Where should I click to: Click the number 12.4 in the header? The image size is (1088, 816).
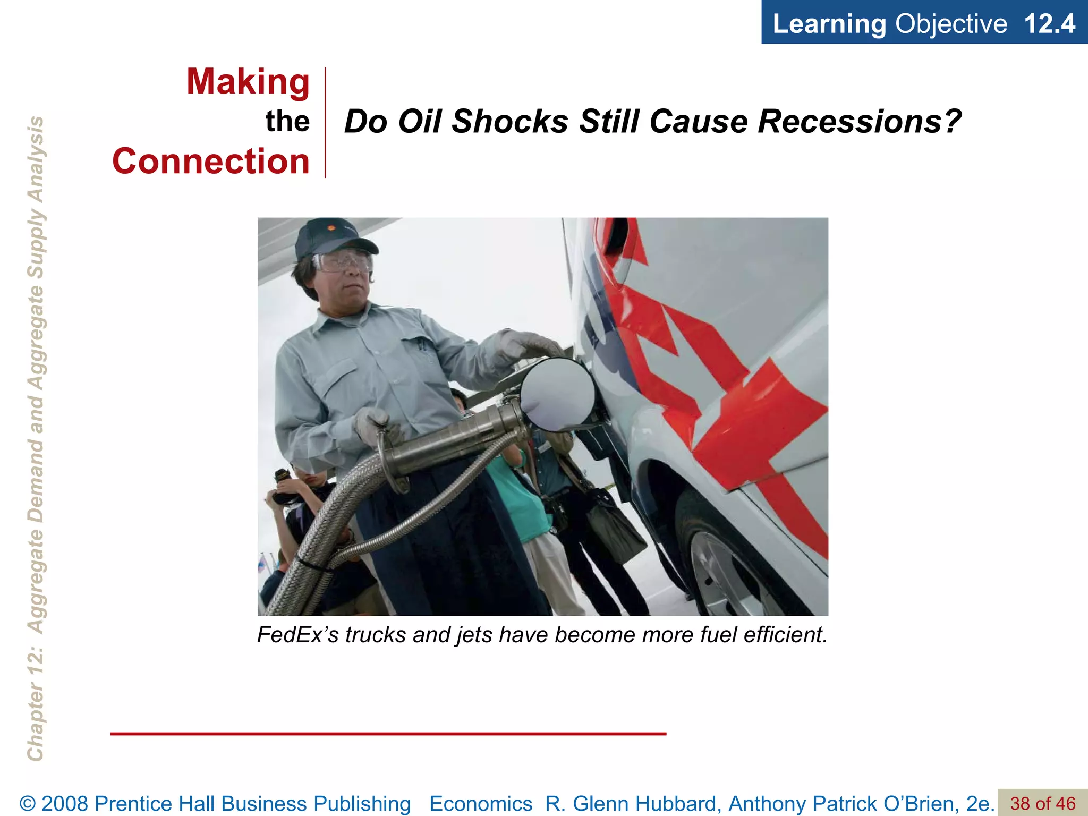click(1049, 23)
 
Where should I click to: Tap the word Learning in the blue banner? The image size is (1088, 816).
click(829, 23)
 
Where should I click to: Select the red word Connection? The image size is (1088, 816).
click(211, 161)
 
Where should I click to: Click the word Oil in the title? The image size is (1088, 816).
click(419, 122)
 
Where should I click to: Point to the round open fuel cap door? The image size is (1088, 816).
click(558, 393)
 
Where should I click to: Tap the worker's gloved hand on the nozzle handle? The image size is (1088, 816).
click(377, 425)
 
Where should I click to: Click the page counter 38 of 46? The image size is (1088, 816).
click(1042, 803)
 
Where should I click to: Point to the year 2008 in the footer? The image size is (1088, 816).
click(64, 803)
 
